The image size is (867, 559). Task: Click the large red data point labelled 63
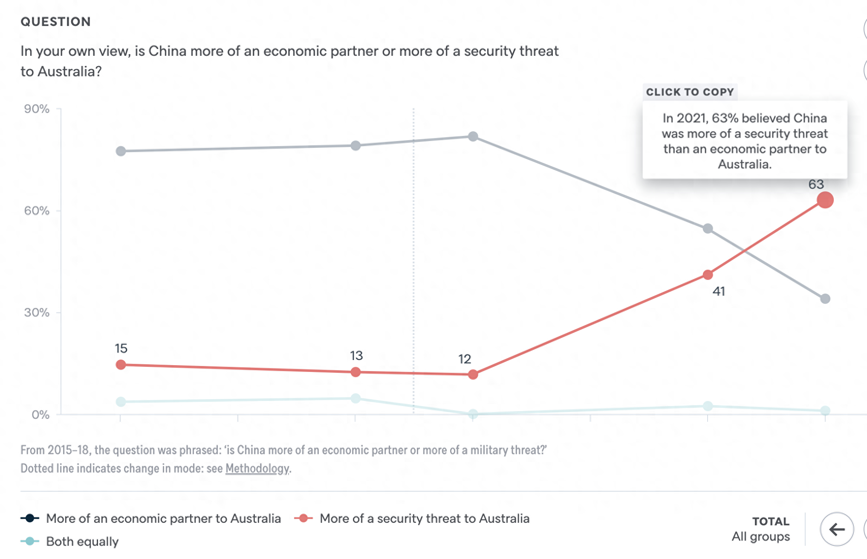tap(825, 200)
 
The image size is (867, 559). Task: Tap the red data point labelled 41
tap(708, 275)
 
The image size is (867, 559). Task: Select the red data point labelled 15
tap(121, 365)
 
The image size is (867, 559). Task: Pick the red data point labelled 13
tap(355, 372)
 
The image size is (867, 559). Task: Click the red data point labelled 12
tap(473, 375)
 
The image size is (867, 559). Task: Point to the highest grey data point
tap(473, 137)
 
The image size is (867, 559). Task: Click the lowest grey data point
tap(825, 299)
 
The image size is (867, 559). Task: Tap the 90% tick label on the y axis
tap(37, 109)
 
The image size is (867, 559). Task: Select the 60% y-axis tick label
tap(37, 210)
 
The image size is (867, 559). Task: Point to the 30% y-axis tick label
tap(37, 312)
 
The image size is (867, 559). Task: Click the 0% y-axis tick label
tap(40, 415)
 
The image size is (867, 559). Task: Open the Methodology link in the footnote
tap(257, 468)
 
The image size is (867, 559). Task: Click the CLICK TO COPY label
tap(690, 92)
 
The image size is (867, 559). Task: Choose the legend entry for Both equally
tap(82, 542)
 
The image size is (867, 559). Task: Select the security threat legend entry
tap(424, 519)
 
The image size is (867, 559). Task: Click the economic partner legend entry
tap(163, 519)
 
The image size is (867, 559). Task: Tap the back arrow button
tap(837, 529)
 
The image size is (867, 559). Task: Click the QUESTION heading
tap(56, 22)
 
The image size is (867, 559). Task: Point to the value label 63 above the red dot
tap(816, 184)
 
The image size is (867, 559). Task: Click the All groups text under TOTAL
tap(760, 536)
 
